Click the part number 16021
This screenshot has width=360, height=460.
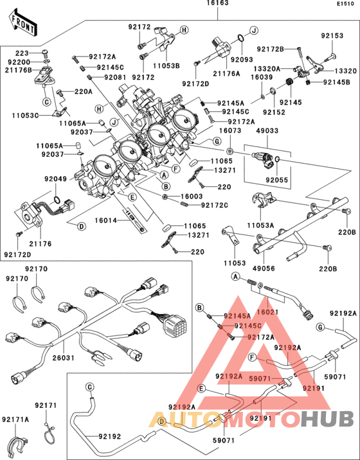coord(265,311)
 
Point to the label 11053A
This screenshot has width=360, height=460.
coord(260,226)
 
